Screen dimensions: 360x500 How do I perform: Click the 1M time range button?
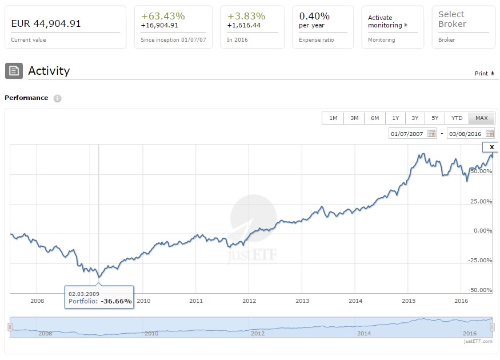(x=333, y=118)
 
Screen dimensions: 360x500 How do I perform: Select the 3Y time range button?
(x=415, y=118)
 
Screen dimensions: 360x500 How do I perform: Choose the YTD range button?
(x=457, y=118)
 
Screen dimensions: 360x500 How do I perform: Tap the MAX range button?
(x=481, y=118)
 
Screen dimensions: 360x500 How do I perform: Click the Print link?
(x=485, y=74)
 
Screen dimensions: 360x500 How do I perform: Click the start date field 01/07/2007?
(x=407, y=134)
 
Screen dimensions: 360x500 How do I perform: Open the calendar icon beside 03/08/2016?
(x=490, y=134)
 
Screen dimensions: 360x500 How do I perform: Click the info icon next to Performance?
(x=57, y=98)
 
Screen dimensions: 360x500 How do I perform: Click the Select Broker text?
(x=452, y=19)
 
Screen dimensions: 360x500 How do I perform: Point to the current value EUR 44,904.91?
(x=46, y=23)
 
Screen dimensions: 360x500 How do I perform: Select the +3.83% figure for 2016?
(x=246, y=16)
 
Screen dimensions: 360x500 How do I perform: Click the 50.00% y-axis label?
(x=479, y=171)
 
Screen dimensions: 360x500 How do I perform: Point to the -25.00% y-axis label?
(x=479, y=261)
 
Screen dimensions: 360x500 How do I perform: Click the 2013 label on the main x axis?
(x=302, y=301)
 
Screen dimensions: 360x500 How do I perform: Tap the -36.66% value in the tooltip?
(x=117, y=301)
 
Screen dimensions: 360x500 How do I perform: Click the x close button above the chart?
(x=491, y=147)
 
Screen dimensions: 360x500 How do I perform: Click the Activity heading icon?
(x=13, y=71)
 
